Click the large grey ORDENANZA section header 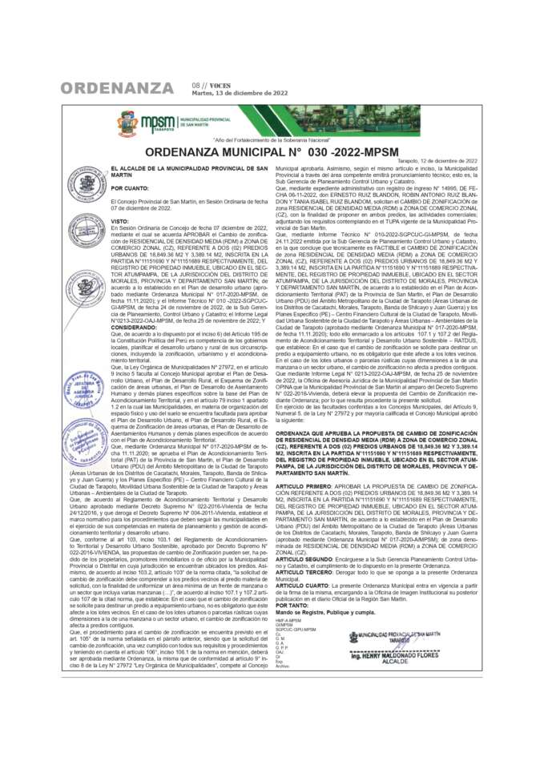pos(117,87)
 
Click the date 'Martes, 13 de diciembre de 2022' pos(240,93)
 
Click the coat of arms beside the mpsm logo pos(128,123)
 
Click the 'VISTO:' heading pos(119,221)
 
